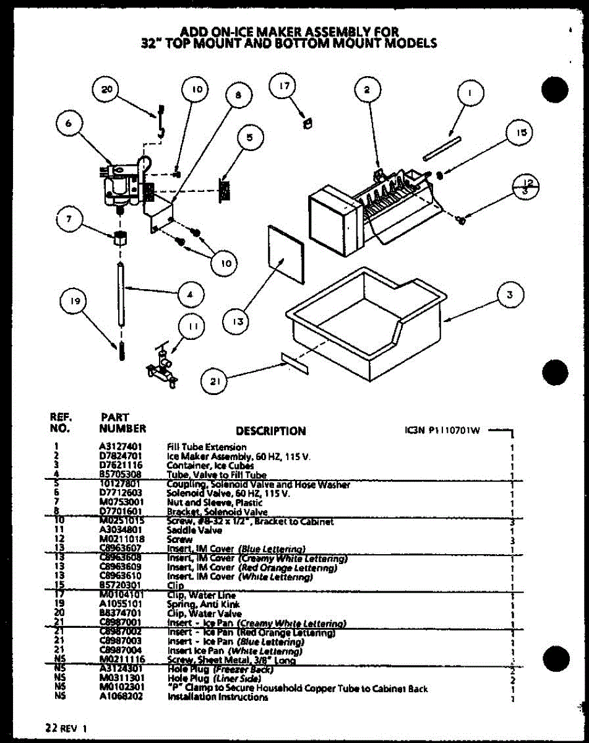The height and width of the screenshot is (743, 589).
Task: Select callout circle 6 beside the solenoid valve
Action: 69,123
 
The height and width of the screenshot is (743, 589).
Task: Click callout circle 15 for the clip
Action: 522,133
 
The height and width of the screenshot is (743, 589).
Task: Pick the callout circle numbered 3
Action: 510,295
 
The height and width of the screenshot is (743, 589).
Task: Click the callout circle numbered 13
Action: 239,321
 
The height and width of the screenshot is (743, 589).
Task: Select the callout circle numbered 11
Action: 192,327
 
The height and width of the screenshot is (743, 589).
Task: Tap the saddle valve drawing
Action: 162,370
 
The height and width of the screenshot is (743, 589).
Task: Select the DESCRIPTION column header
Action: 270,431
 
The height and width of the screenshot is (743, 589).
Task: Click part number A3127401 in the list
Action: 120,447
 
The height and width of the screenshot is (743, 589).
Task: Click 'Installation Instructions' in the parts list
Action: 218,697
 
